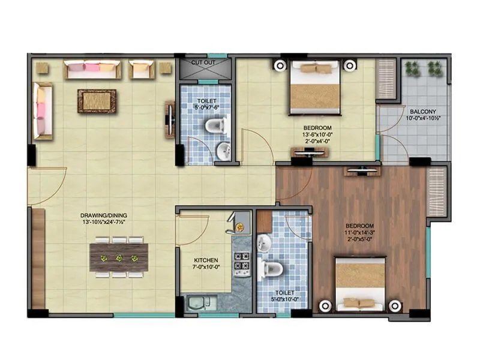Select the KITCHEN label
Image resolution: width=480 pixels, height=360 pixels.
(204, 261)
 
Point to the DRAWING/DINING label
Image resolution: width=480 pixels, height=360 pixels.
(107, 215)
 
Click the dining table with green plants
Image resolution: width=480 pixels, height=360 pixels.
(119, 257)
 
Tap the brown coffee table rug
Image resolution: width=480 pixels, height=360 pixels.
(97, 101)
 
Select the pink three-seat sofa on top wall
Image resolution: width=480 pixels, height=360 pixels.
(92, 70)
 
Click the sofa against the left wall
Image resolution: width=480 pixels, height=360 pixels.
(43, 111)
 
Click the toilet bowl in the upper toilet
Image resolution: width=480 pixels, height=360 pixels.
(214, 125)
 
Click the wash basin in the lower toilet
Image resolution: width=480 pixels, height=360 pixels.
(265, 242)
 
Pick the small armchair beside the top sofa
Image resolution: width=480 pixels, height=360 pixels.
(142, 70)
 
